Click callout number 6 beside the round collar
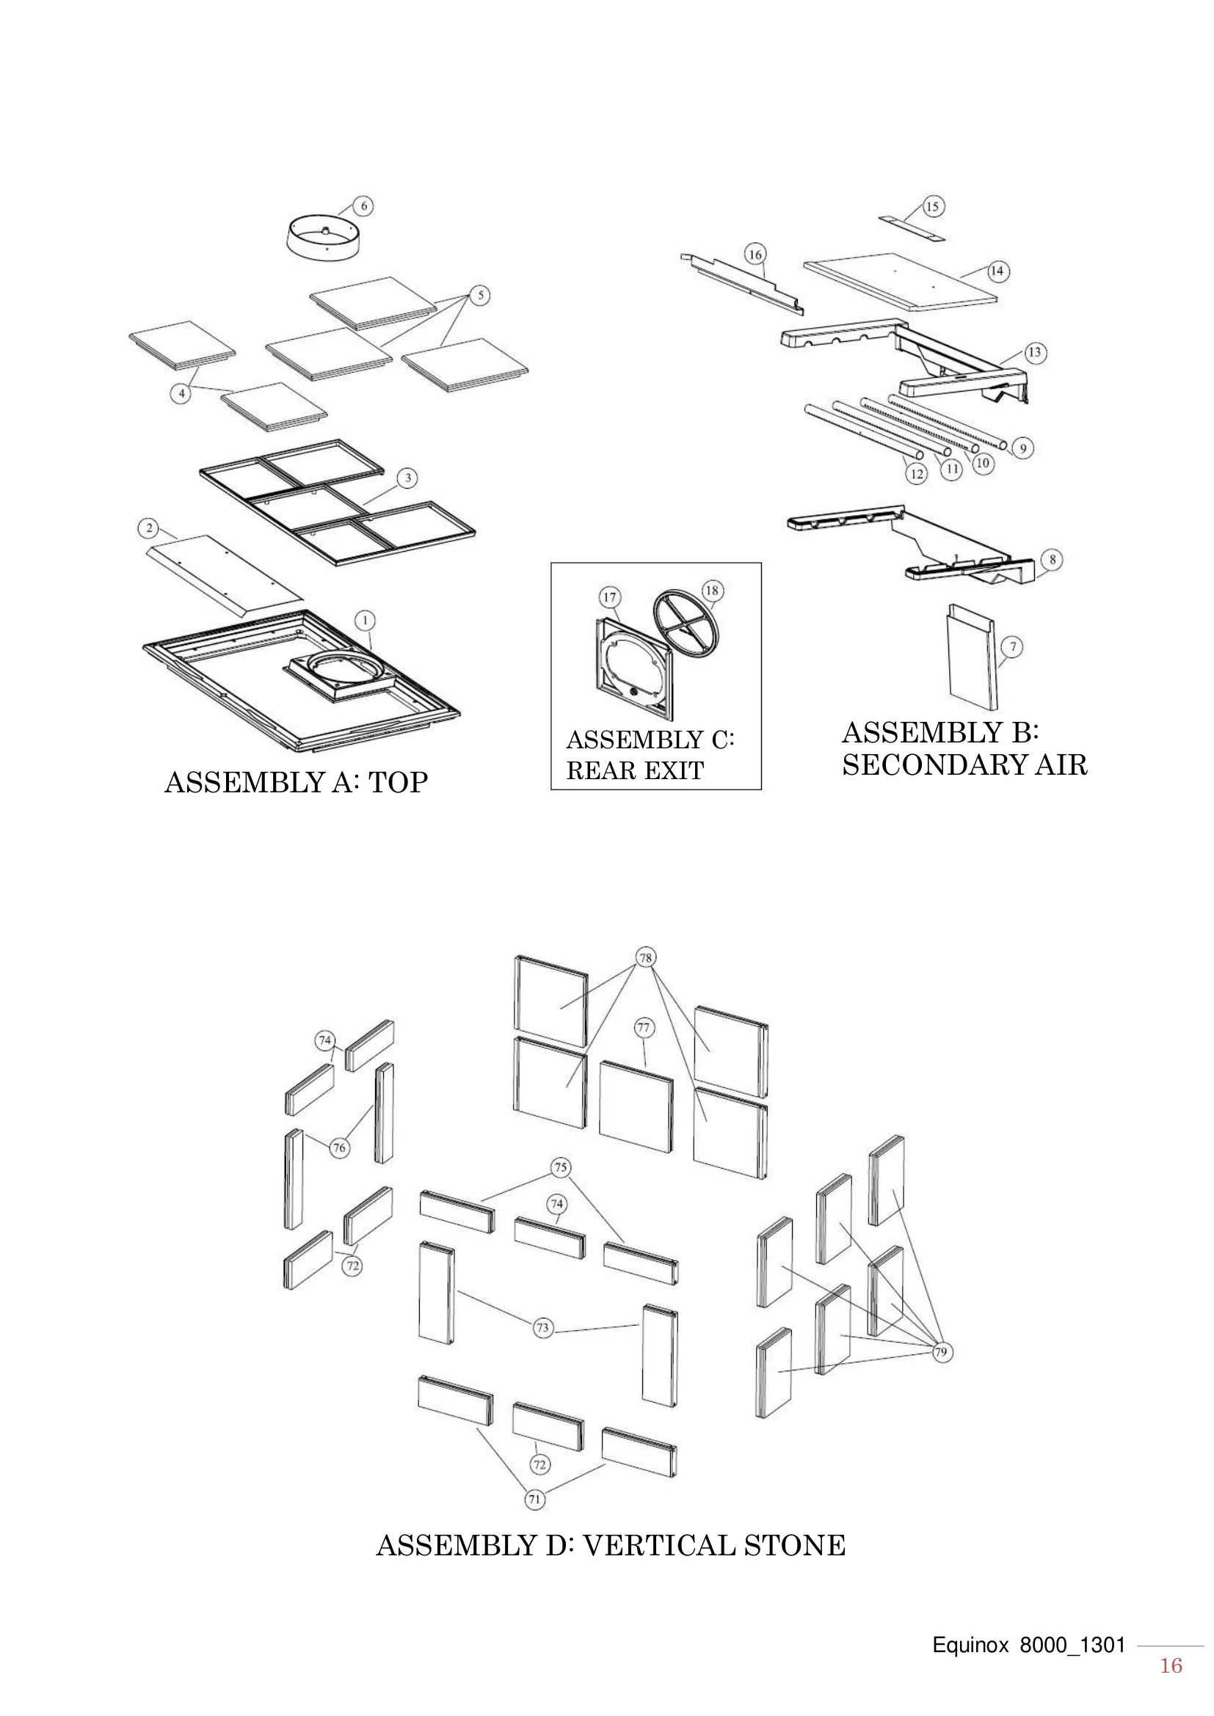point(363,206)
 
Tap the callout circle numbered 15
point(932,206)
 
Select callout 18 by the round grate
point(712,591)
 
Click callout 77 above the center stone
point(644,1028)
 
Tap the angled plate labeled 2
point(225,569)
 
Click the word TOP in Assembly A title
point(399,783)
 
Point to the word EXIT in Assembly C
point(675,770)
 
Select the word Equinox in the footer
point(970,1646)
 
